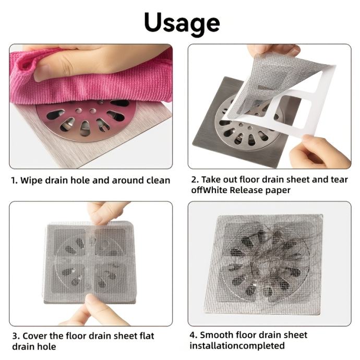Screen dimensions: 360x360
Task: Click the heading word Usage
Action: click(x=182, y=23)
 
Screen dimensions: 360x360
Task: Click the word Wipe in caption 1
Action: click(x=31, y=180)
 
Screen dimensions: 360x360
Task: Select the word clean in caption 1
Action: click(x=158, y=180)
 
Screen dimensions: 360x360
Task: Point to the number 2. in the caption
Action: click(x=195, y=179)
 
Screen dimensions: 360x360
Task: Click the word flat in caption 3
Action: click(x=147, y=335)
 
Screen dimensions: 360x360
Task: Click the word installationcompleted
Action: click(x=237, y=345)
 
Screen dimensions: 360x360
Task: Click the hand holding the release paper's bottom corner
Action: click(x=319, y=151)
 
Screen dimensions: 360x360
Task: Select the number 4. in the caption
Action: click(x=194, y=335)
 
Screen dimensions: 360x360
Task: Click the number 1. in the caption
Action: click(x=15, y=180)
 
